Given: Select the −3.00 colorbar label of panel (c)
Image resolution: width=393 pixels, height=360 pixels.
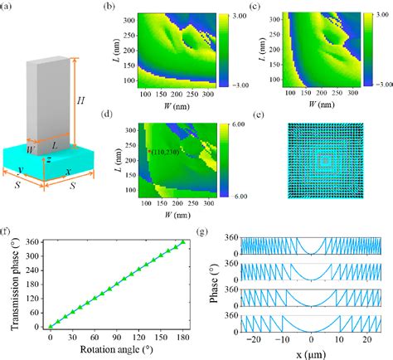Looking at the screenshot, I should (373, 84).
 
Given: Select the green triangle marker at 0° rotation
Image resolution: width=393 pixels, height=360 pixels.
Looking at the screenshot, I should (51, 326).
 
